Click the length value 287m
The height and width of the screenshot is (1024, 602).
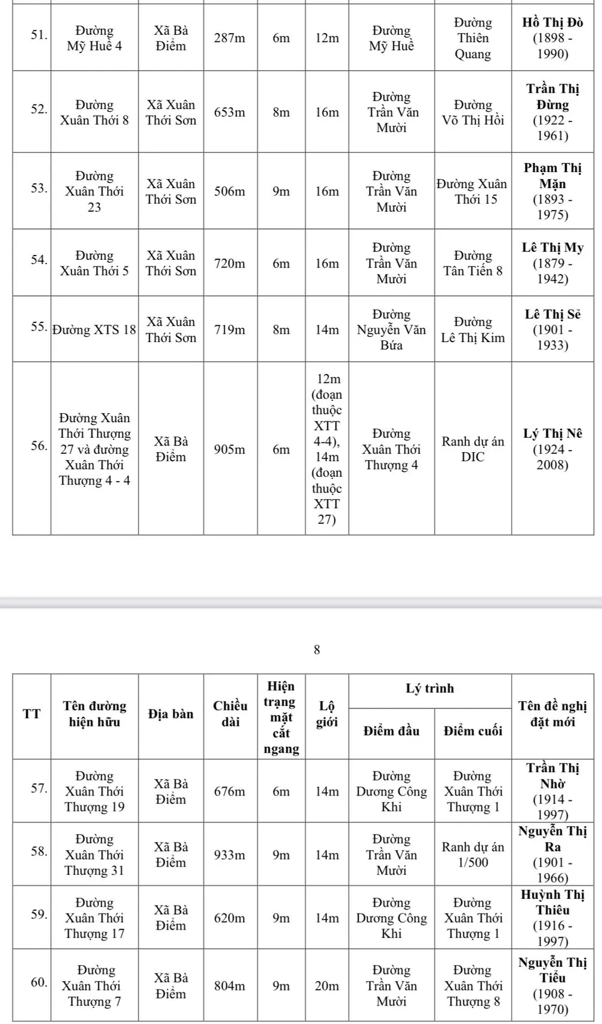pos(230,38)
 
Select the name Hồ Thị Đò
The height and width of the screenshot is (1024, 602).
pos(552,23)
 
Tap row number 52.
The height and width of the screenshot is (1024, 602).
pos(39,109)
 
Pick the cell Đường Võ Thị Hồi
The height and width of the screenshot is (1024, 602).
pos(473,112)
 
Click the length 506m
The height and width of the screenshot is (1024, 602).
pos(230,192)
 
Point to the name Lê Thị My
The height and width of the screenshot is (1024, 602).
pos(552,248)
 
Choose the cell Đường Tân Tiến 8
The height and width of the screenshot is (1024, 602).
pos(473,263)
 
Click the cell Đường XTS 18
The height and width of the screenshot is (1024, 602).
pos(95,330)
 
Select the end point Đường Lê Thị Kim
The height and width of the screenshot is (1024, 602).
pos(473,330)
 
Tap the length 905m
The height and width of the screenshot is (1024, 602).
pos(230,449)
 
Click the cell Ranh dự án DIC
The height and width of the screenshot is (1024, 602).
pos(473,449)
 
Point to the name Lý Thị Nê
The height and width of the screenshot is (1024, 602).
pos(552,434)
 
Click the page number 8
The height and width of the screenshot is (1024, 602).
pos(317,650)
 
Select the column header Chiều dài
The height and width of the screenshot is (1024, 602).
pos(230,714)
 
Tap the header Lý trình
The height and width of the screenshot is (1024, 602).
pos(430,689)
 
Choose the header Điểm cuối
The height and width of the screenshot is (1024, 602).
pos(473,731)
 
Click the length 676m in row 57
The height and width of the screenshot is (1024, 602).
pos(230,792)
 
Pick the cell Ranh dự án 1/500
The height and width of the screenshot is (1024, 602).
pos(473,854)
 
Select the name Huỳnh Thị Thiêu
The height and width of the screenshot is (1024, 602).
pos(552,902)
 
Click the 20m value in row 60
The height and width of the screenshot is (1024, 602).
pos(327,986)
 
